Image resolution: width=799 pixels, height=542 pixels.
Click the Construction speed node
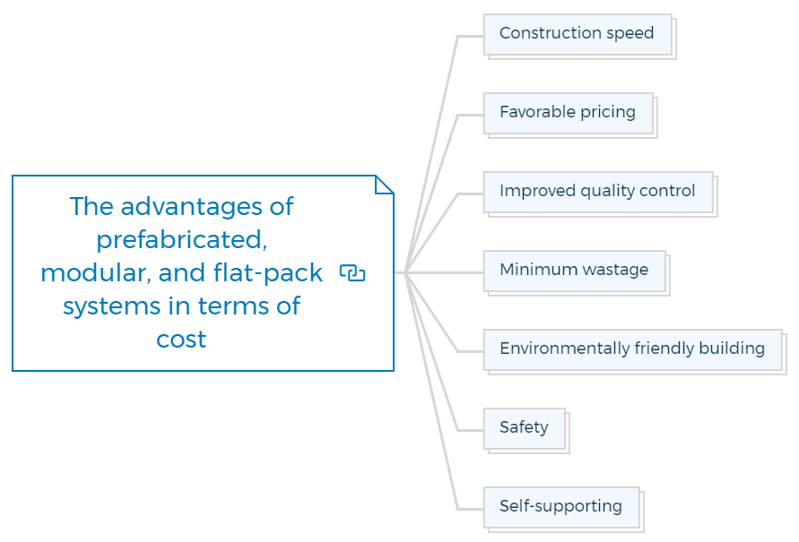pos(577,34)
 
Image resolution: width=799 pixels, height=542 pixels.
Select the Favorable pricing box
pos(568,113)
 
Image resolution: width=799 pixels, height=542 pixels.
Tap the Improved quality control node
pos(597,192)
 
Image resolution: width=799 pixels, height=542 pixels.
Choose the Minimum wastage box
pos(574,271)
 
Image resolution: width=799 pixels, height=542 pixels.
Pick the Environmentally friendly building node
pos(632,349)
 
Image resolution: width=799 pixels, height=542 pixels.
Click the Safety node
pos(524,428)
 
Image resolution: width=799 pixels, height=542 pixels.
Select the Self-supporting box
pos(560,507)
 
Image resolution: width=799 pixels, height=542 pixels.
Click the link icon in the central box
pos(352,273)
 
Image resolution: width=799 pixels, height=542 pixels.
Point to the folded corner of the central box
pos(384,185)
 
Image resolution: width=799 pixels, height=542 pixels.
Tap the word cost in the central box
pos(181,340)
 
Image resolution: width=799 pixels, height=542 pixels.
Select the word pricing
pos(607,113)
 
